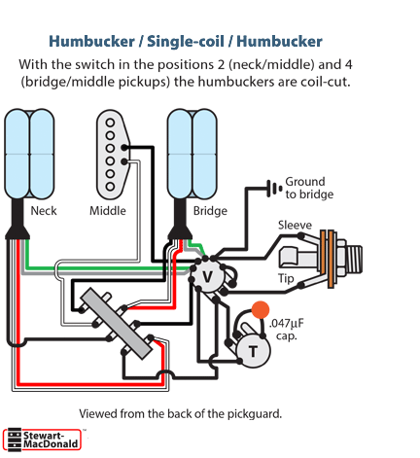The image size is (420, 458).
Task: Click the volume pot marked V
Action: pyautogui.click(x=207, y=276)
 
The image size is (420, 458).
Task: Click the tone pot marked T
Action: pyautogui.click(x=253, y=351)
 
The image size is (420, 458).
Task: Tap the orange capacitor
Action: pyautogui.click(x=261, y=309)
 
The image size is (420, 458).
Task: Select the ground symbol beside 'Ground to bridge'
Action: pyautogui.click(x=274, y=188)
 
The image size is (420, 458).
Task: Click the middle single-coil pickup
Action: pyautogui.click(x=113, y=155)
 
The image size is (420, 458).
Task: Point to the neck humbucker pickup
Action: pyautogui.click(x=29, y=154)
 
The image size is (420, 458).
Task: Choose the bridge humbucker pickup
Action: pyautogui.click(x=192, y=154)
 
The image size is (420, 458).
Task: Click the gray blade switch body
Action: pyautogui.click(x=116, y=324)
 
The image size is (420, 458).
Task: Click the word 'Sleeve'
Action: pyautogui.click(x=295, y=225)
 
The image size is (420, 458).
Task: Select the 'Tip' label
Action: pyautogui.click(x=286, y=279)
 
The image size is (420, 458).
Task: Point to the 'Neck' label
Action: pyautogui.click(x=44, y=211)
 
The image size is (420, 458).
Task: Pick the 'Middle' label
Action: pyautogui.click(x=108, y=211)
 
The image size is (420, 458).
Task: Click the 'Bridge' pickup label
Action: pyautogui.click(x=210, y=211)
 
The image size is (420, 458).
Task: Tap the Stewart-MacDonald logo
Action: pyautogui.click(x=42, y=440)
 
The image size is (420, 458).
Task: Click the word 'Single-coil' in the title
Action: pyautogui.click(x=186, y=42)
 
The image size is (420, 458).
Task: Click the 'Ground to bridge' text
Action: pyautogui.click(x=309, y=188)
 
